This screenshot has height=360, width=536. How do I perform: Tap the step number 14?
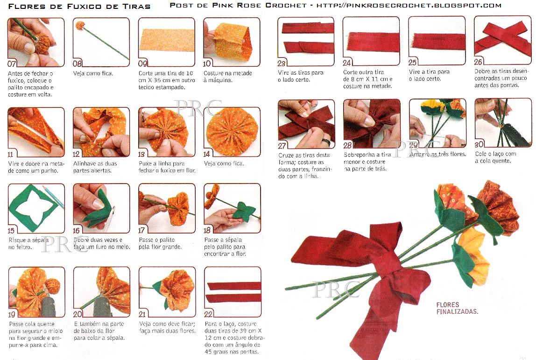207,154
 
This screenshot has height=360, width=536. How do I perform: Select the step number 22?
208,314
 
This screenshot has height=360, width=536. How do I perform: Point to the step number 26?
478,62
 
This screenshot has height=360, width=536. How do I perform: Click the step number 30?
479,144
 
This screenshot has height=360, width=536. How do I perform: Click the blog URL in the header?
409,5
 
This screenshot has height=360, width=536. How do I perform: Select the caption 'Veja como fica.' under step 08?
93,73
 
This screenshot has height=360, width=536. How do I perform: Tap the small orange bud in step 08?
80,25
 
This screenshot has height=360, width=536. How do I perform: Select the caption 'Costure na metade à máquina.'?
228,77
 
